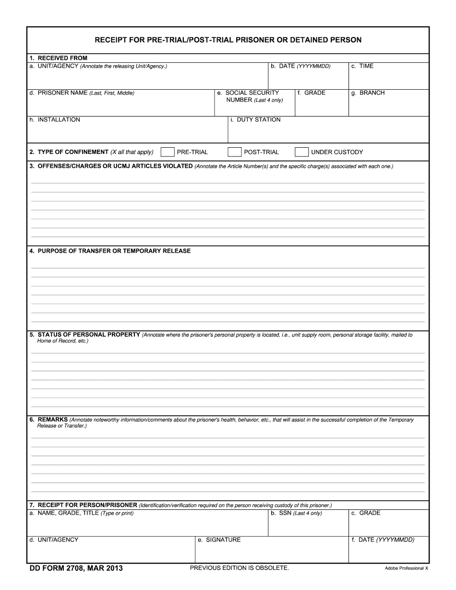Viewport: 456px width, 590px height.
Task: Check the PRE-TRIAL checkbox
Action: pos(168,152)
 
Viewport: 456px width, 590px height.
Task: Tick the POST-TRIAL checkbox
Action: pos(234,152)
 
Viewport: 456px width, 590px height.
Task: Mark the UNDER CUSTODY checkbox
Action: pos(301,152)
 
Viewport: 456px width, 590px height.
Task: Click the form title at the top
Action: pos(228,40)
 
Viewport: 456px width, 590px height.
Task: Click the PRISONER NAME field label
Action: pos(63,93)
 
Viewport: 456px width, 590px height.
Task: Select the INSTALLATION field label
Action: pos(59,120)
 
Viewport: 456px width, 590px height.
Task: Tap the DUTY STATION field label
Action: pos(258,120)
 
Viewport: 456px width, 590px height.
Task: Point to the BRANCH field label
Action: pos(372,93)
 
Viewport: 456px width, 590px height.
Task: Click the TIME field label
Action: pos(366,66)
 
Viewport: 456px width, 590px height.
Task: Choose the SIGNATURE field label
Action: pos(223,540)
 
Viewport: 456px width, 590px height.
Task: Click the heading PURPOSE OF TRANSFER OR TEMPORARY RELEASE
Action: pos(114,251)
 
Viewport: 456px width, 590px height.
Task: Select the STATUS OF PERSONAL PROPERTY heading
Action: pos(89,335)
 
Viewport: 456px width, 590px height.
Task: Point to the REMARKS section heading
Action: pos(52,420)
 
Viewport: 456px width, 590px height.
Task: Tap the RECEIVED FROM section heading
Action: pos(62,58)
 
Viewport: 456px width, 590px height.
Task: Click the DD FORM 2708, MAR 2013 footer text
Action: pos(76,568)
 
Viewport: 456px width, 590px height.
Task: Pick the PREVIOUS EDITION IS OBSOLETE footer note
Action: pos(240,568)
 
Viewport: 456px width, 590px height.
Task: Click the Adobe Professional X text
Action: pos(406,568)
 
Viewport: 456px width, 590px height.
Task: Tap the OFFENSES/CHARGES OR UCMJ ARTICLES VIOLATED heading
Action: pos(115,166)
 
